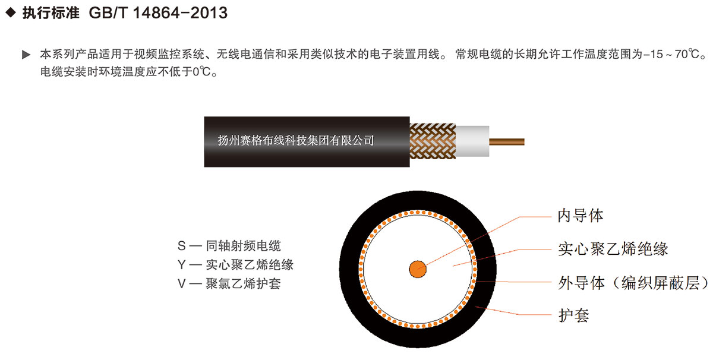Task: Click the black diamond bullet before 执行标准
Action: point(11,12)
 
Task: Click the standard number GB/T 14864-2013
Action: point(158,13)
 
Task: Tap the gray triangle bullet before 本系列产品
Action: point(26,55)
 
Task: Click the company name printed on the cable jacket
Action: point(296,140)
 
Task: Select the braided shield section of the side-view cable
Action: point(433,141)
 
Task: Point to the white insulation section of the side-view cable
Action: point(472,141)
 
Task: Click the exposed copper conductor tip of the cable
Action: point(507,141)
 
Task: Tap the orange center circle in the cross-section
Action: point(418,269)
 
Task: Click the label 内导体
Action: point(581,216)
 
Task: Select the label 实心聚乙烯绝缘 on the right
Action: point(613,249)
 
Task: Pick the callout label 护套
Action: point(574,315)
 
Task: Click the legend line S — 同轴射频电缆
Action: point(229,246)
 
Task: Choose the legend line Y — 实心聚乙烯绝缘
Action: point(235,264)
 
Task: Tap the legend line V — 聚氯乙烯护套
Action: point(229,283)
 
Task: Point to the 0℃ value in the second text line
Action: point(202,72)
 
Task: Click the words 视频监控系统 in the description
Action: point(169,54)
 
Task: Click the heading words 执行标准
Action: point(51,13)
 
